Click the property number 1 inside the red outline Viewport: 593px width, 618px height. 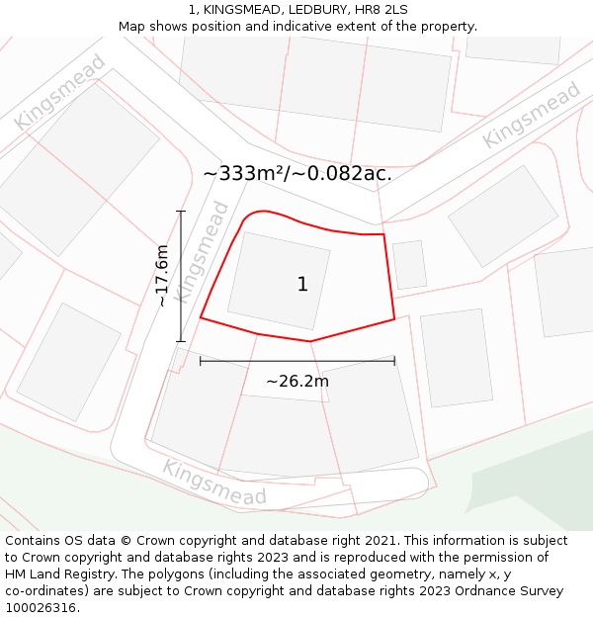(302, 285)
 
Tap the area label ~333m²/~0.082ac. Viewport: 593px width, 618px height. (297, 173)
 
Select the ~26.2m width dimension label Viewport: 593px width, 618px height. (296, 381)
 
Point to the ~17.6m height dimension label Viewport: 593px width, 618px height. (162, 276)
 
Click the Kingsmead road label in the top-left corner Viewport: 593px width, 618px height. (59, 92)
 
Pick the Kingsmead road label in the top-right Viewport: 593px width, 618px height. (531, 115)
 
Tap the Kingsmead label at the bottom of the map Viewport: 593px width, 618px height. (214, 482)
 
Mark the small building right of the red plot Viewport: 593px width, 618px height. (409, 265)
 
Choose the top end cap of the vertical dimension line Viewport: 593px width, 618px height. (181, 212)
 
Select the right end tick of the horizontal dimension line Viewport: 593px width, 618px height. (394, 361)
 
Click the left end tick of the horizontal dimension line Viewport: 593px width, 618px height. (201, 361)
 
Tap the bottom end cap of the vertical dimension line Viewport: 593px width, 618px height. (181, 341)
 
